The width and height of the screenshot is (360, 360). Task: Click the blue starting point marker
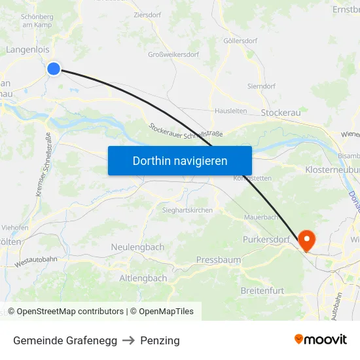pos(54,68)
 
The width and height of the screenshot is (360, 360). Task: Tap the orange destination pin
pos(306,240)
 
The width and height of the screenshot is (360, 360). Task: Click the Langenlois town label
pos(28,49)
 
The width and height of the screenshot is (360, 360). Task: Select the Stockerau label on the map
pos(280,113)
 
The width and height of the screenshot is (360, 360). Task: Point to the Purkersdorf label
pos(266,240)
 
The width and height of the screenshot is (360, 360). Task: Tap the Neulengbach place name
pos(137,247)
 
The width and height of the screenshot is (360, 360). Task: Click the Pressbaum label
pos(219,260)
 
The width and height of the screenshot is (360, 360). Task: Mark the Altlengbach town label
pos(143,278)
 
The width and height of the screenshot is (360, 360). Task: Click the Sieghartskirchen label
pos(187,210)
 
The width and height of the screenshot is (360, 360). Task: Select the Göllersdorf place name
pos(240,41)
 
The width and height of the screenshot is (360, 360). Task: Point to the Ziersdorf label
pos(147,14)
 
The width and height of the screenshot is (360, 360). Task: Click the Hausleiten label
pos(230,111)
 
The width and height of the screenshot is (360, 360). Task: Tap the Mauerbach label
pos(261,217)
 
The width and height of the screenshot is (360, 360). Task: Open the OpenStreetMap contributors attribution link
pos(69,312)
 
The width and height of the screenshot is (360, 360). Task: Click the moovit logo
pos(321,339)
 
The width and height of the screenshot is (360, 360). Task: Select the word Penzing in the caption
pos(160,340)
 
